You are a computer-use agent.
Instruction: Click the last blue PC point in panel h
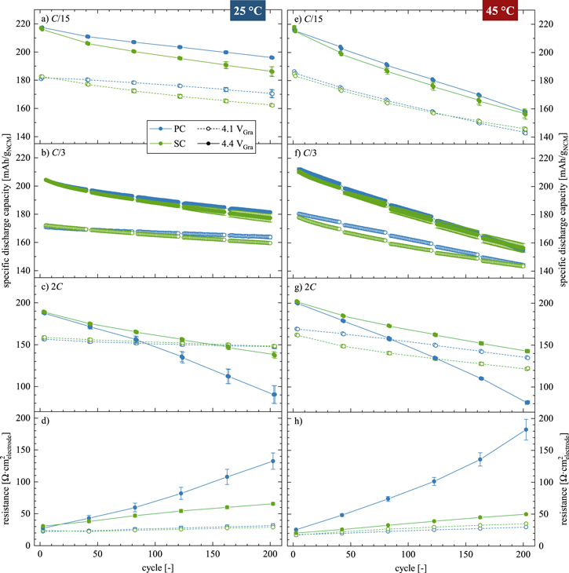pos(526,429)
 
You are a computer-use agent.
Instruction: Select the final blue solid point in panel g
pos(526,403)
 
